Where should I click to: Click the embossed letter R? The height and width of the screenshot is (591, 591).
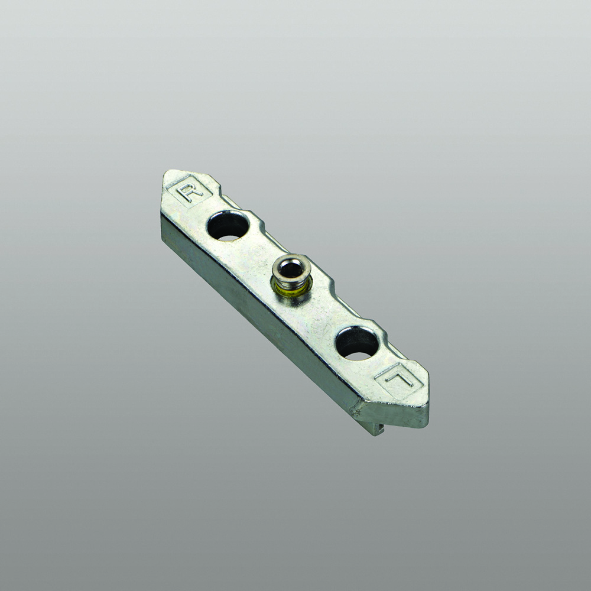coord(190,191)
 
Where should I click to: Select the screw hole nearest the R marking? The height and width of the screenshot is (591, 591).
coord(228,226)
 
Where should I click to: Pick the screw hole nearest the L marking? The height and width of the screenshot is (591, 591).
coord(358,343)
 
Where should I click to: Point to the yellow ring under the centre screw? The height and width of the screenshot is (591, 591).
coord(291,290)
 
